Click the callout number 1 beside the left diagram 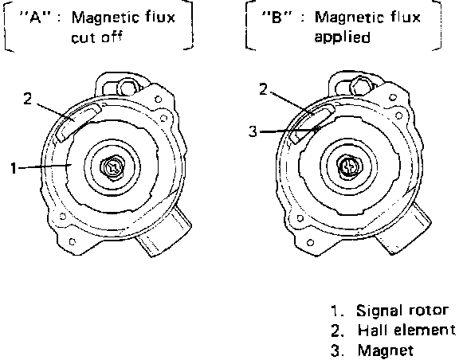pos(14,168)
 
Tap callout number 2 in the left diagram pos(28,99)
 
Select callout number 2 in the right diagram pos(264,89)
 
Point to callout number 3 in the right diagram pos(253,131)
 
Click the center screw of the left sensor pos(112,167)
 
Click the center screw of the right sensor pos(350,166)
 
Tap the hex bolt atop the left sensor pos(127,86)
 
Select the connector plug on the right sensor pos(403,229)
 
